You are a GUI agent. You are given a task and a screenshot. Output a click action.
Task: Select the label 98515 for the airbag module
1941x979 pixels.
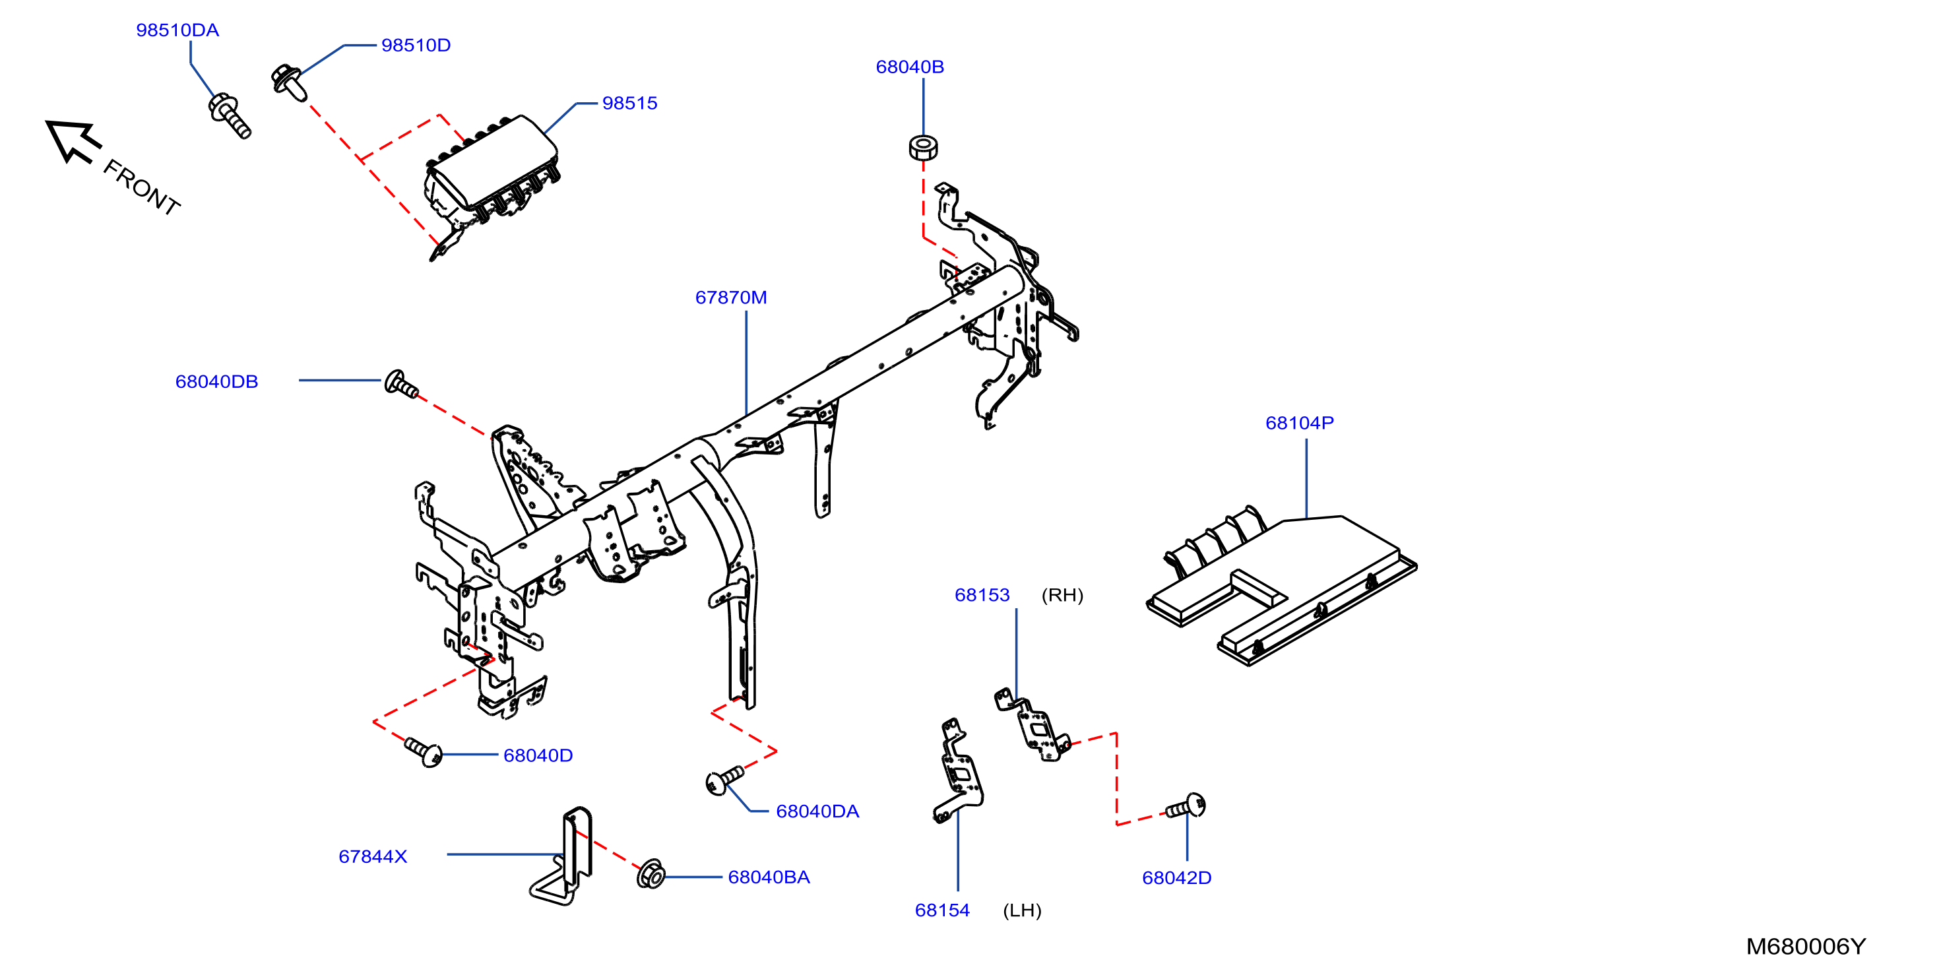[x=629, y=104]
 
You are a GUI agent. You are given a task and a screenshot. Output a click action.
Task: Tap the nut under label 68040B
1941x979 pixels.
[x=923, y=147]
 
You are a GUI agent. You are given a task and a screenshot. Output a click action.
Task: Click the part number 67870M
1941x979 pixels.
[x=731, y=298]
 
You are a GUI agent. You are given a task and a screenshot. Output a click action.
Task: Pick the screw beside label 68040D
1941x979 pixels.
[x=424, y=751]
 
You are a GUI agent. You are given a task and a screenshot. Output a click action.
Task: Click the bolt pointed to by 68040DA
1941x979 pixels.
[x=724, y=780]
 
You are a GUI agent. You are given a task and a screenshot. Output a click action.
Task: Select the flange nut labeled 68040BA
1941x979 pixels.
[x=651, y=874]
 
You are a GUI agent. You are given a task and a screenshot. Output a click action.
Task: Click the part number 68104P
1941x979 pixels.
[x=1299, y=424]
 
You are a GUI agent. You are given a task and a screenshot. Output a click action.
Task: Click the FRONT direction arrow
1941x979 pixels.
[x=73, y=141]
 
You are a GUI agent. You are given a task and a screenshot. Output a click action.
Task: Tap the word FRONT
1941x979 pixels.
[x=142, y=187]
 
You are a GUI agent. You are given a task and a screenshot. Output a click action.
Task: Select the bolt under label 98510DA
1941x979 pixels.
[x=229, y=116]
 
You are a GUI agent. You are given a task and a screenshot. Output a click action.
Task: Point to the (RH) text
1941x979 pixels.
[x=1062, y=596]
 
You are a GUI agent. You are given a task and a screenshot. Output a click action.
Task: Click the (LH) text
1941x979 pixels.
[x=1022, y=910]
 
